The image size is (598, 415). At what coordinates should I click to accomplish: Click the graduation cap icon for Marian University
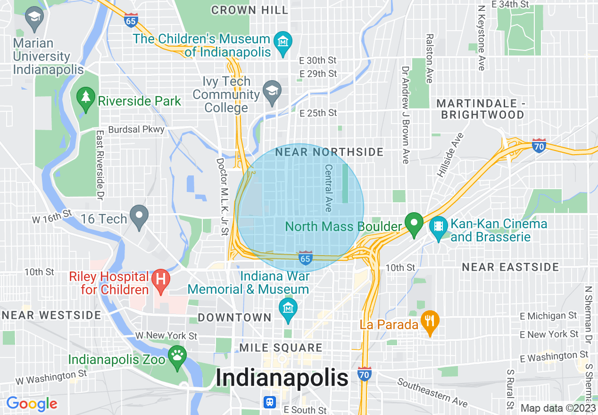coord(34,17)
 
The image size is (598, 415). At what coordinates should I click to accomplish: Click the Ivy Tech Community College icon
coord(272,91)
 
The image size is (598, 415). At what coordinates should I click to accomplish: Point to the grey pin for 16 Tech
coord(139,216)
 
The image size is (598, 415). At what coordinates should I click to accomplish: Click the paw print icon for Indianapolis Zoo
coord(178,355)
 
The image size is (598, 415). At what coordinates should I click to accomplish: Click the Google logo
coord(32,404)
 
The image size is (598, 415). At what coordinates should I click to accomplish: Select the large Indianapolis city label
coord(282,378)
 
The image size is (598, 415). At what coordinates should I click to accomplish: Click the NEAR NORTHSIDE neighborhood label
coord(329,152)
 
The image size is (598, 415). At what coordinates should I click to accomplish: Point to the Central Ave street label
coord(329,187)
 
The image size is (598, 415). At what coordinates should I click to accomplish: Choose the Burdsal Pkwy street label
coord(136,129)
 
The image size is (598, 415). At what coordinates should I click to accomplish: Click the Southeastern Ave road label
coord(432,392)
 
